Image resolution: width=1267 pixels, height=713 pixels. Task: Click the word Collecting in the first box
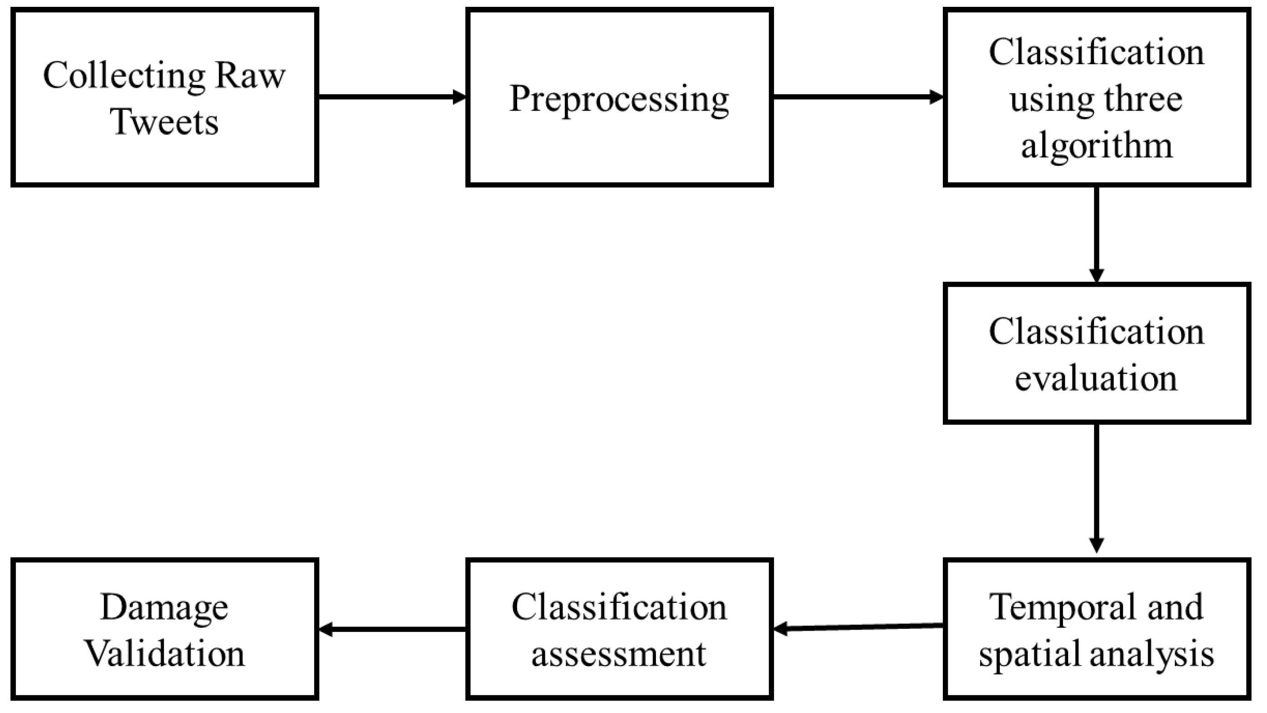(124, 76)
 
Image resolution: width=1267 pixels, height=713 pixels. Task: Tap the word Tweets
(164, 122)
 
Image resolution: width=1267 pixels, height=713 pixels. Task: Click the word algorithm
(1097, 146)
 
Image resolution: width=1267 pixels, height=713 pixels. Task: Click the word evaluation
(1096, 379)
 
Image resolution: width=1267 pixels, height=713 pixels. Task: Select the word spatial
(1028, 654)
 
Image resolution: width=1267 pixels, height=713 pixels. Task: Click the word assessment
(619, 654)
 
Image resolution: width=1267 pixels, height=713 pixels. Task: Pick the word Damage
(164, 607)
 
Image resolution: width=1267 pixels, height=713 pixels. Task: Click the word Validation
(164, 654)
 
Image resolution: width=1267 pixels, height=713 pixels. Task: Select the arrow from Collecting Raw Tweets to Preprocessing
(392, 97)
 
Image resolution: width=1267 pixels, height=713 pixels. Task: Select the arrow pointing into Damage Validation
(392, 629)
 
